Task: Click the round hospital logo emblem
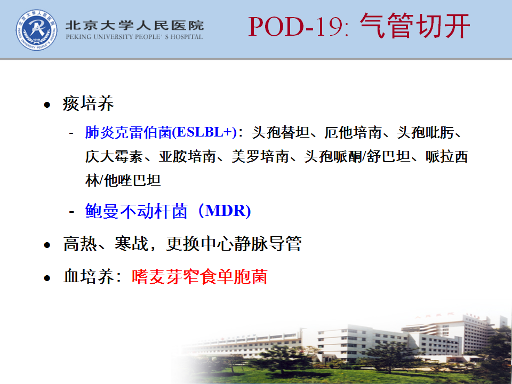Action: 37,30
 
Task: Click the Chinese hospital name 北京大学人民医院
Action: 134,26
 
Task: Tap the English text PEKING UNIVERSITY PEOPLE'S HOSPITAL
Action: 134,37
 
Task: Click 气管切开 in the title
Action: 415,26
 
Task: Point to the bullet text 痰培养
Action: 88,103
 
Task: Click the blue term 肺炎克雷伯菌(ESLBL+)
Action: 161,132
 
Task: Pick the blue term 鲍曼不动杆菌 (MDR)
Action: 168,211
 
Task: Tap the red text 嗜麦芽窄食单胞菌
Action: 199,277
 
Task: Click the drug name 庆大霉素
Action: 114,156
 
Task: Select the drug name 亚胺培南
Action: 187,156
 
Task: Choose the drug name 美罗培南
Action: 260,156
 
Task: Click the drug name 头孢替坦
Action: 281,132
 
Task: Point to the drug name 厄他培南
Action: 353,132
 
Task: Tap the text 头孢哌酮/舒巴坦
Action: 357,156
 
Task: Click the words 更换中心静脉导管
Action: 234,244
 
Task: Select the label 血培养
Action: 88,277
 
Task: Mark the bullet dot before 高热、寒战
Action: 47,245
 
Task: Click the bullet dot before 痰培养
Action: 47,105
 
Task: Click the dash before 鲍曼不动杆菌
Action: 72,212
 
